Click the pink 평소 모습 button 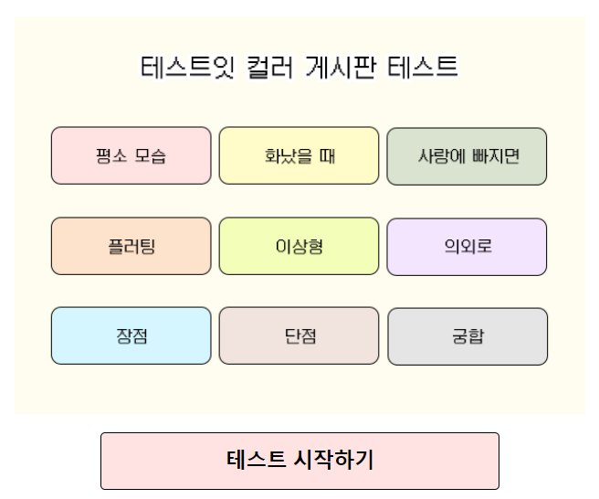(x=131, y=155)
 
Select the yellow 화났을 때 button (x=299, y=155)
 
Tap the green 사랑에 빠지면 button (x=467, y=155)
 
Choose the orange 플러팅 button (x=131, y=246)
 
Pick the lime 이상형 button (x=299, y=246)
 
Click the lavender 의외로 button (x=467, y=246)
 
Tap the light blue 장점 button (x=131, y=335)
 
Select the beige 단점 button (x=299, y=335)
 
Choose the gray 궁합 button (x=468, y=335)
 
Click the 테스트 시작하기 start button (x=299, y=461)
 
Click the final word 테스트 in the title (x=423, y=68)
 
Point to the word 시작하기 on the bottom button (x=334, y=461)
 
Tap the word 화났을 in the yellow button (x=286, y=155)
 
